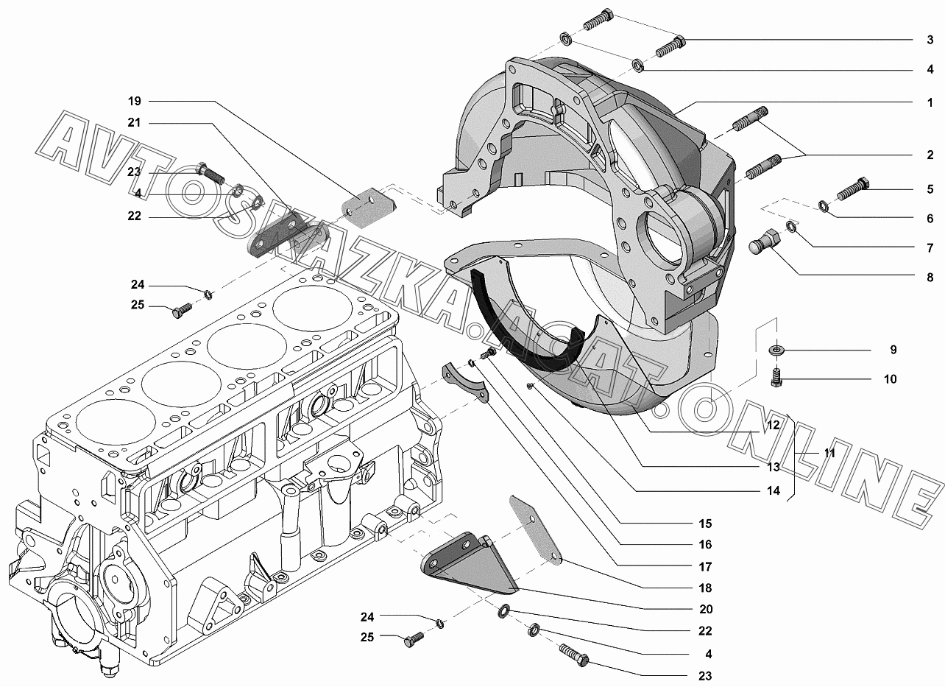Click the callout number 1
(x=930, y=102)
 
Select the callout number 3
(x=930, y=40)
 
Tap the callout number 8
(x=930, y=278)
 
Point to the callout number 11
(x=829, y=453)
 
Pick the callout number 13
(x=774, y=467)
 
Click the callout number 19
(x=135, y=102)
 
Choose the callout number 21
(x=134, y=123)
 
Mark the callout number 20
(x=706, y=609)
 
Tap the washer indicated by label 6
(x=823, y=206)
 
